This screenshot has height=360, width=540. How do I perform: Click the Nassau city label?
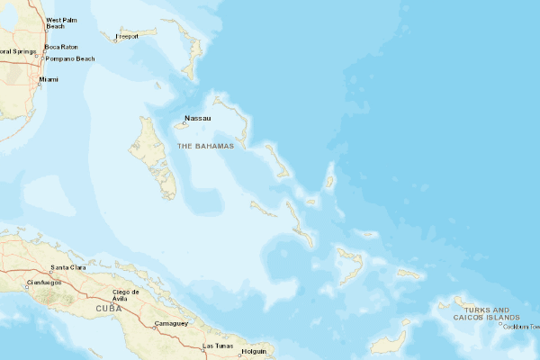pyautogui.click(x=197, y=118)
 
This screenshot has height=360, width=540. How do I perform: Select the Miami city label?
pyautogui.click(x=49, y=79)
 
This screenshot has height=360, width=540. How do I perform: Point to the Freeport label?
pyautogui.click(x=127, y=37)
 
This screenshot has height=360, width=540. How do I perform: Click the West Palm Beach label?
pyautogui.click(x=61, y=22)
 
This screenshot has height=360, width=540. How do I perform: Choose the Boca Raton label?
pyautogui.click(x=63, y=47)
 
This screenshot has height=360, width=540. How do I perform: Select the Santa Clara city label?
pyautogui.click(x=68, y=267)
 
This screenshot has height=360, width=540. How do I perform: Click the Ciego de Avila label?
pyautogui.click(x=126, y=295)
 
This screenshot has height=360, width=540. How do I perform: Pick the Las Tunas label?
pyautogui.click(x=218, y=346)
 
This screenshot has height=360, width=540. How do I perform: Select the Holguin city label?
pyautogui.click(x=255, y=351)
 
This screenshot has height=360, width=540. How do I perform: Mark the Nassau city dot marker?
pyautogui.click(x=184, y=124)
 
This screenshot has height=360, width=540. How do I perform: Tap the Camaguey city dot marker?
pyautogui.click(x=155, y=328)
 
